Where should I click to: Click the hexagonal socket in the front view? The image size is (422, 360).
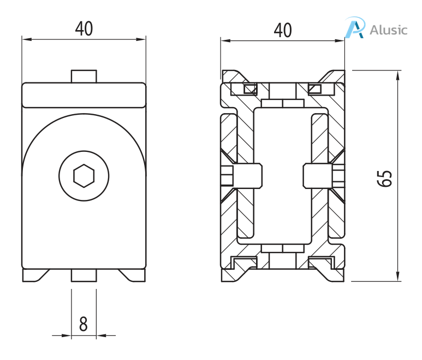pos(84,175)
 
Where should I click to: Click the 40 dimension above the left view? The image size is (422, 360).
pos(84,28)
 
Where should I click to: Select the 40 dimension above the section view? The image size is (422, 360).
pos(282,30)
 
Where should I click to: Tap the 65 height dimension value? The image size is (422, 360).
pos(385,178)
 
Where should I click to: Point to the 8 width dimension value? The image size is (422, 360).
pos(84,324)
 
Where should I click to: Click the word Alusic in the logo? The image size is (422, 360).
pos(388,29)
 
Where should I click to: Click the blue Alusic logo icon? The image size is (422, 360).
pos(355,28)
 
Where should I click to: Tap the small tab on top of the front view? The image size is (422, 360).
pos(84,76)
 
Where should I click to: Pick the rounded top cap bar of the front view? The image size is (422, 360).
pos(84,95)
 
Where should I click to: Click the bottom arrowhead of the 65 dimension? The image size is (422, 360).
pos(398,277)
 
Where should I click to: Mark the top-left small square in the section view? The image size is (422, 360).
pos(250,89)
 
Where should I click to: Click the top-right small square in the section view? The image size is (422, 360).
pos(315,89)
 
